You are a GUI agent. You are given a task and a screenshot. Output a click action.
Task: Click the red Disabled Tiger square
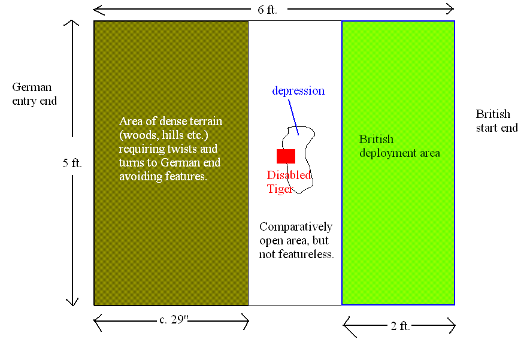[x=286, y=156]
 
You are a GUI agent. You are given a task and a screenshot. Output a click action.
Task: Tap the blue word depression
[x=298, y=91]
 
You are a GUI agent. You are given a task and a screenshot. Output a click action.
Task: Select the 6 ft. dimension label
[x=268, y=10]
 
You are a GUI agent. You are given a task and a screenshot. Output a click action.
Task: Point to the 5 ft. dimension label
[x=72, y=163]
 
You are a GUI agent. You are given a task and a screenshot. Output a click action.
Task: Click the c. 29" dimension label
[x=174, y=319]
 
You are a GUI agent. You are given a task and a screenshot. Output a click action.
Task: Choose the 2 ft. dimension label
[x=400, y=326]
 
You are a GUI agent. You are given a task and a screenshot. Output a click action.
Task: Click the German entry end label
[x=34, y=94]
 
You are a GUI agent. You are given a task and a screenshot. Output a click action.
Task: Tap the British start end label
[x=496, y=121]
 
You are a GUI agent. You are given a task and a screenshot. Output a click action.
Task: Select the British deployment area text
[x=399, y=146]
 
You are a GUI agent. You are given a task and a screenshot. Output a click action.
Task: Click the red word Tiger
[x=280, y=189]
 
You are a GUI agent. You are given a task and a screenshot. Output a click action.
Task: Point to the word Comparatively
[x=296, y=227]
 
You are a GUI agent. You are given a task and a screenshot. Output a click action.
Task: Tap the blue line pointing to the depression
[x=293, y=117]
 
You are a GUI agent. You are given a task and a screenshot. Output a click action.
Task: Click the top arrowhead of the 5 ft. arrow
[x=72, y=21]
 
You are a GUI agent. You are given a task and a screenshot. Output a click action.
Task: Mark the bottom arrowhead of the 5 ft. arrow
[x=72, y=305]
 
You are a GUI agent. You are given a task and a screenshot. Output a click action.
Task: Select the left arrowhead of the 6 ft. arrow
[x=94, y=10]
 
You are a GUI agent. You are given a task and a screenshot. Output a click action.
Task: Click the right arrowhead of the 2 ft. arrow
[x=455, y=325]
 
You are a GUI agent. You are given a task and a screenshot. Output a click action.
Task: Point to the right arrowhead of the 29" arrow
[x=248, y=321]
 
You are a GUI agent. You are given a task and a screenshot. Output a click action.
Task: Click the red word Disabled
[x=289, y=175]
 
